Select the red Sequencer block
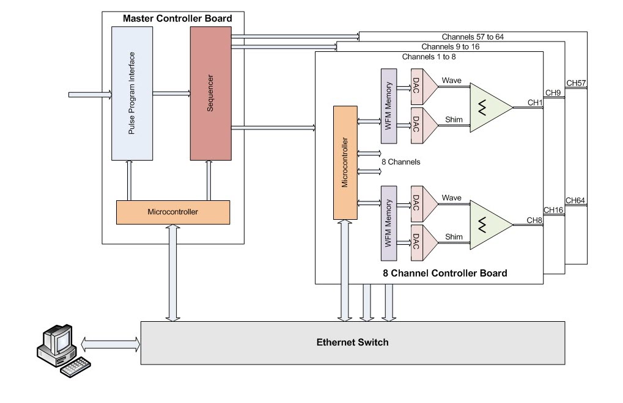210,92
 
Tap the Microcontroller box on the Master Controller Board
172,212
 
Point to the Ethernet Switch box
352,343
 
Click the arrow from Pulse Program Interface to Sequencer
171,93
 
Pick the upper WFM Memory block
389,106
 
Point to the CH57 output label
576,83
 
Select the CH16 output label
553,210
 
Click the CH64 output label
576,200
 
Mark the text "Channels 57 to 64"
473,37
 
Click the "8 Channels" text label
400,162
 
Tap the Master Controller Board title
177,18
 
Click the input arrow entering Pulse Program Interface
89,95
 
